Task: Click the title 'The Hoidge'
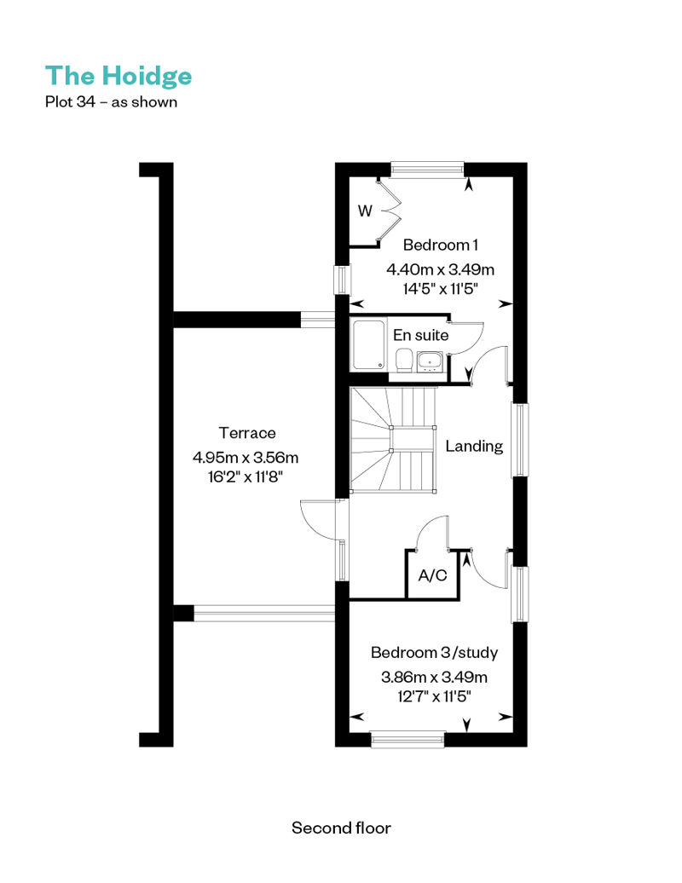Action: (x=118, y=77)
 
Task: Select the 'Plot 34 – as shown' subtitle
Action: (x=111, y=102)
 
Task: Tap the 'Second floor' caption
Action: (x=341, y=828)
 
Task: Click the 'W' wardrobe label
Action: (x=365, y=211)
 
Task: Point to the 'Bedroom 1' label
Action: (x=441, y=245)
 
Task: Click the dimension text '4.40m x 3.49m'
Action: (x=441, y=269)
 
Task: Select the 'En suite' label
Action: (x=420, y=335)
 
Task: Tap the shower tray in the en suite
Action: (x=369, y=344)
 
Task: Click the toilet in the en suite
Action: (x=404, y=360)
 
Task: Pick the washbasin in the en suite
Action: (x=431, y=361)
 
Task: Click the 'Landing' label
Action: (x=474, y=446)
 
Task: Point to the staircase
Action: (x=393, y=439)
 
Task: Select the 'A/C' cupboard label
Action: (x=432, y=575)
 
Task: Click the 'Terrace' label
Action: (x=247, y=433)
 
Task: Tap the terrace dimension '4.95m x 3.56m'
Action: (x=246, y=457)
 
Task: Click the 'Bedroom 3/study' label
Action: (x=434, y=653)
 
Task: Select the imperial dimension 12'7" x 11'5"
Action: (x=434, y=696)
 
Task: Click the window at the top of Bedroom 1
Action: (x=427, y=170)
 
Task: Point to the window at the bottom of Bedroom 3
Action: (x=408, y=740)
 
